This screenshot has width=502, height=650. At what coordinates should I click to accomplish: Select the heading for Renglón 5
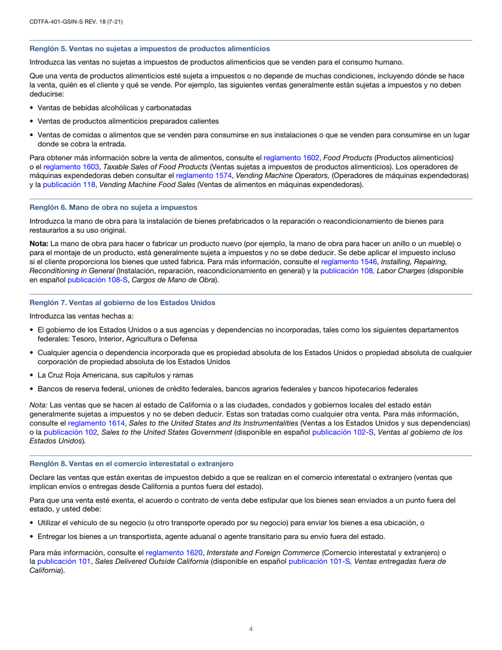click(x=150, y=49)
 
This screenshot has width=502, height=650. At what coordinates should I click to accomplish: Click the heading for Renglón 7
click(x=122, y=302)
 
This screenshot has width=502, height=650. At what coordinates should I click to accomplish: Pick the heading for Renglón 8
click(x=131, y=463)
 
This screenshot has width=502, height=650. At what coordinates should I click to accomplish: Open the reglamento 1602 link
click(x=291, y=157)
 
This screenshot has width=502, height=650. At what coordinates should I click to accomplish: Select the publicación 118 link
click(x=69, y=184)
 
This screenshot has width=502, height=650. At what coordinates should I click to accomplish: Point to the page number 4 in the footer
click(x=251, y=629)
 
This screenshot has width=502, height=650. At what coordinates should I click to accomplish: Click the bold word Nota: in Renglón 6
click(x=39, y=244)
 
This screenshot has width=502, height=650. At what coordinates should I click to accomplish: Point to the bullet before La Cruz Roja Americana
click(x=32, y=375)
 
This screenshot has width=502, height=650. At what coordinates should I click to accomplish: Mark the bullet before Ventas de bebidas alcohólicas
click(x=32, y=108)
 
